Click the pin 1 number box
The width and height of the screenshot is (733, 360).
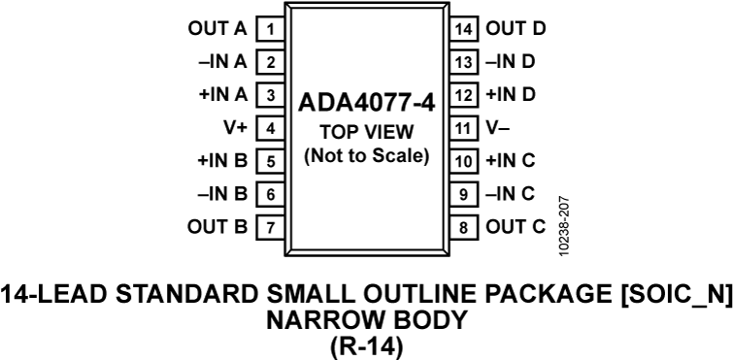tap(270, 28)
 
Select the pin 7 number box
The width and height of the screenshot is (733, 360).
tap(270, 228)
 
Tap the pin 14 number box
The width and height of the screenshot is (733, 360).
tap(464, 28)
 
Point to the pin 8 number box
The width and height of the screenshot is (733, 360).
tap(464, 228)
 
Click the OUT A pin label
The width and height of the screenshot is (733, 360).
tap(218, 28)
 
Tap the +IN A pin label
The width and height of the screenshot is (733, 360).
tap(223, 95)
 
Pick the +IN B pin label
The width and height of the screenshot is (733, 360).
tap(223, 161)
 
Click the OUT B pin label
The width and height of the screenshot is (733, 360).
tap(218, 228)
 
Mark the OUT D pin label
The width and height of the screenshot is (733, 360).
tap(516, 28)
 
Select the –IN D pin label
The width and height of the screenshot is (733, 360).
tap(510, 62)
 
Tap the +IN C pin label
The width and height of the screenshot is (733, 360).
tap(510, 161)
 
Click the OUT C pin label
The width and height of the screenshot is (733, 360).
tap(516, 228)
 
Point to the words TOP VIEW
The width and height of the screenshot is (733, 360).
tap(366, 132)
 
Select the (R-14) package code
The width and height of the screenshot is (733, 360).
tap(366, 344)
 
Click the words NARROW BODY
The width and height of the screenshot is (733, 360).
tap(366, 319)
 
